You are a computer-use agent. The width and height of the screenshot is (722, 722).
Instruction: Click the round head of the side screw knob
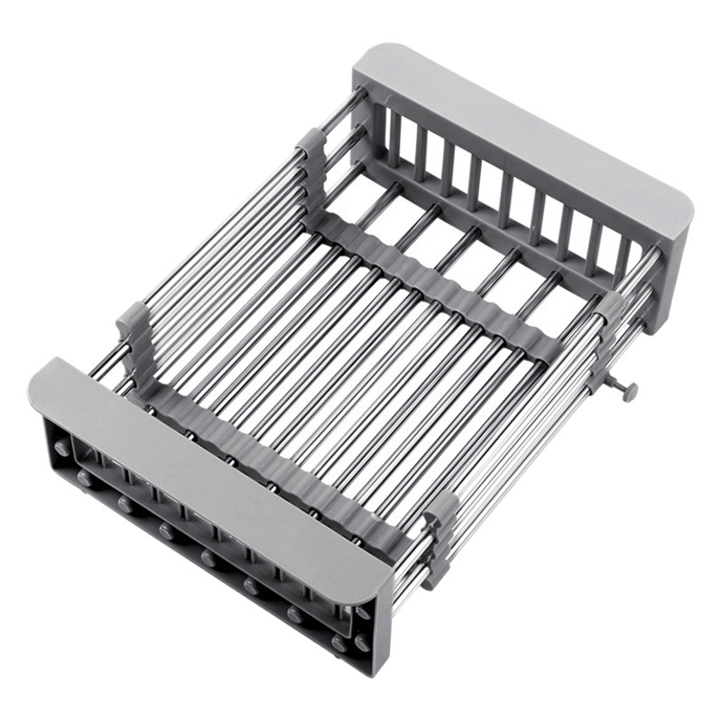tap(629, 391)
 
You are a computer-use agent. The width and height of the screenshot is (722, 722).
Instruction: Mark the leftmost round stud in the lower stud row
tap(84, 476)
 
